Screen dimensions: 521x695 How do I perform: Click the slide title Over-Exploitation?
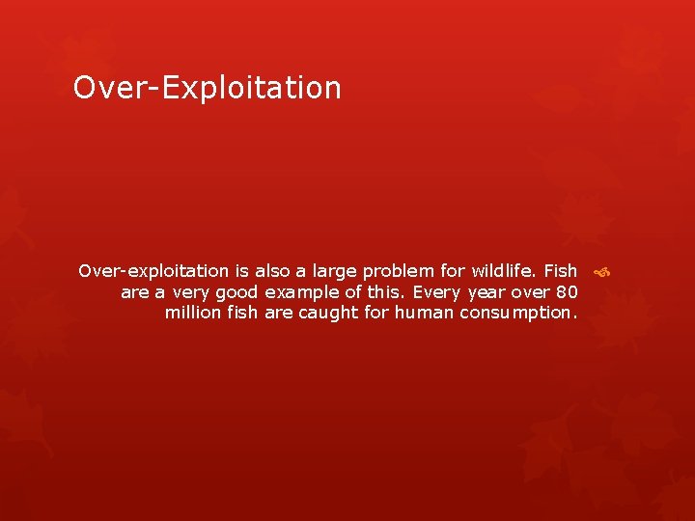tap(208, 88)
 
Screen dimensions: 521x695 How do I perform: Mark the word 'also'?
tap(272, 271)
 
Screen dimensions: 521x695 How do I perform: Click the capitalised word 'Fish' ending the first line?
tap(560, 271)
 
